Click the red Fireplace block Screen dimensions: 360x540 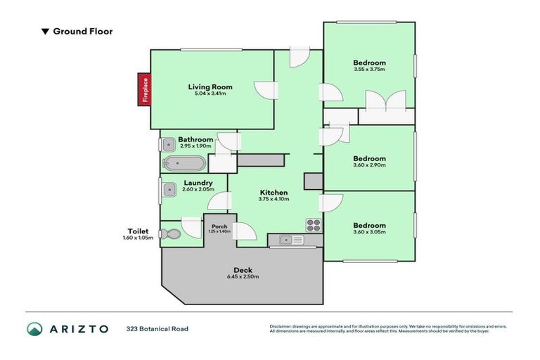click(144, 89)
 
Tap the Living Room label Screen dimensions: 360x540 click(210, 87)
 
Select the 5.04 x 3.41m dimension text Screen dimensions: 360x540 click(210, 95)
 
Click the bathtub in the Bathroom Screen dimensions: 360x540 click(184, 165)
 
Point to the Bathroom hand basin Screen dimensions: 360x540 click(168, 145)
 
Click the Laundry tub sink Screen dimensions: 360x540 click(169, 190)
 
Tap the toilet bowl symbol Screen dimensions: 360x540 click(167, 234)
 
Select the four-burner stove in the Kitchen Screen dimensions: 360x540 click(313, 225)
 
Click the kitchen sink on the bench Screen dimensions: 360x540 click(287, 241)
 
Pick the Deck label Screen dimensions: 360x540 click(243, 271)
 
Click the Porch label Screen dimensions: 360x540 click(219, 226)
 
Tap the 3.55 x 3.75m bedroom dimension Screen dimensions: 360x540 click(369, 70)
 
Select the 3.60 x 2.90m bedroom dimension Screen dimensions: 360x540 click(369, 167)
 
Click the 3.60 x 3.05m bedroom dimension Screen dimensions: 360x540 click(369, 233)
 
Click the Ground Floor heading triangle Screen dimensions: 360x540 click(45, 32)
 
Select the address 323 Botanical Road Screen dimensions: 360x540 click(157, 328)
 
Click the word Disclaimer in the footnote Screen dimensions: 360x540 click(282, 326)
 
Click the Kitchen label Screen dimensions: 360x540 click(274, 192)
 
